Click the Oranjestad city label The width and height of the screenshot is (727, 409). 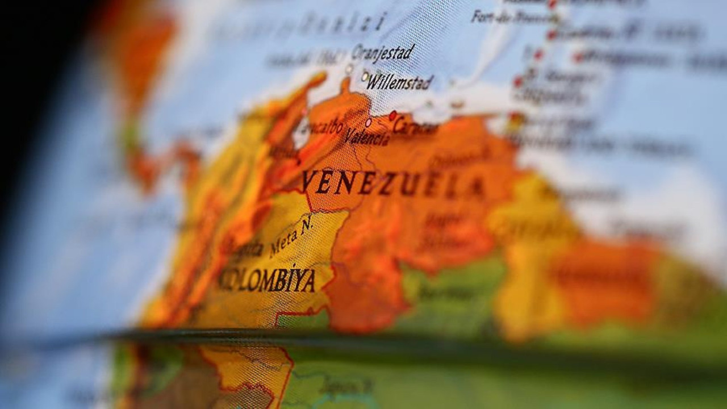click(x=383, y=53)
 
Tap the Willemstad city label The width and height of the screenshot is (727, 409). click(x=400, y=82)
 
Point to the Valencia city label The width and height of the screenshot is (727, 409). click(x=367, y=136)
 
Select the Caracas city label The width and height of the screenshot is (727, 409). click(x=416, y=126)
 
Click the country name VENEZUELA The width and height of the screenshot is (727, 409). click(x=392, y=183)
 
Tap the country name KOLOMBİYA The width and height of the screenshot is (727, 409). click(x=267, y=279)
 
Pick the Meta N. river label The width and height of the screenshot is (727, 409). click(x=291, y=235)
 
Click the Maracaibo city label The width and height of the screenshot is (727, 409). click(x=324, y=128)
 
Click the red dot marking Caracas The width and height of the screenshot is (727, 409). click(x=392, y=115)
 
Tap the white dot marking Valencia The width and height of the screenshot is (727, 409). click(x=368, y=122)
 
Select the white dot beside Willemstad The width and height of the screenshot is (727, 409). click(x=365, y=76)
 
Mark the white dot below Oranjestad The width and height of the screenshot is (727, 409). click(x=349, y=70)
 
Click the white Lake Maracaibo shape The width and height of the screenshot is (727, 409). click(x=301, y=133)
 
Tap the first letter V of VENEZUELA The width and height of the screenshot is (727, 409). click(x=308, y=181)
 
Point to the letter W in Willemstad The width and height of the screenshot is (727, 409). click(x=374, y=83)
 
